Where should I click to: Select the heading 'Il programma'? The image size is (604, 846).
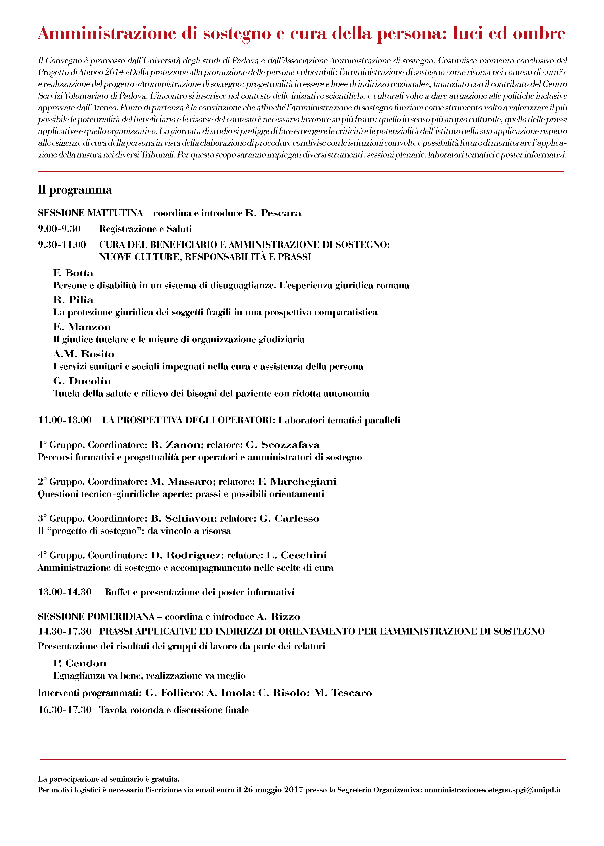[x=75, y=190]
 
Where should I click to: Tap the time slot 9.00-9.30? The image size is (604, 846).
[x=59, y=229]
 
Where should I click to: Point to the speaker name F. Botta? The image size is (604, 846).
[x=73, y=273]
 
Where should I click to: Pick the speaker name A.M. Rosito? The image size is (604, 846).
[x=84, y=354]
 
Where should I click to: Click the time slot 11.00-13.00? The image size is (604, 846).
[x=65, y=420]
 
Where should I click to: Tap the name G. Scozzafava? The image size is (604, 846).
[x=283, y=445]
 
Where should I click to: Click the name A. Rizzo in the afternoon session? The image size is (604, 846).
[x=278, y=617]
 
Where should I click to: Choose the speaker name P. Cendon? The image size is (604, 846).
[x=80, y=663]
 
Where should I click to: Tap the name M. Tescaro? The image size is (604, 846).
[x=343, y=693]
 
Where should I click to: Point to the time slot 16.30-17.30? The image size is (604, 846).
[x=65, y=710]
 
